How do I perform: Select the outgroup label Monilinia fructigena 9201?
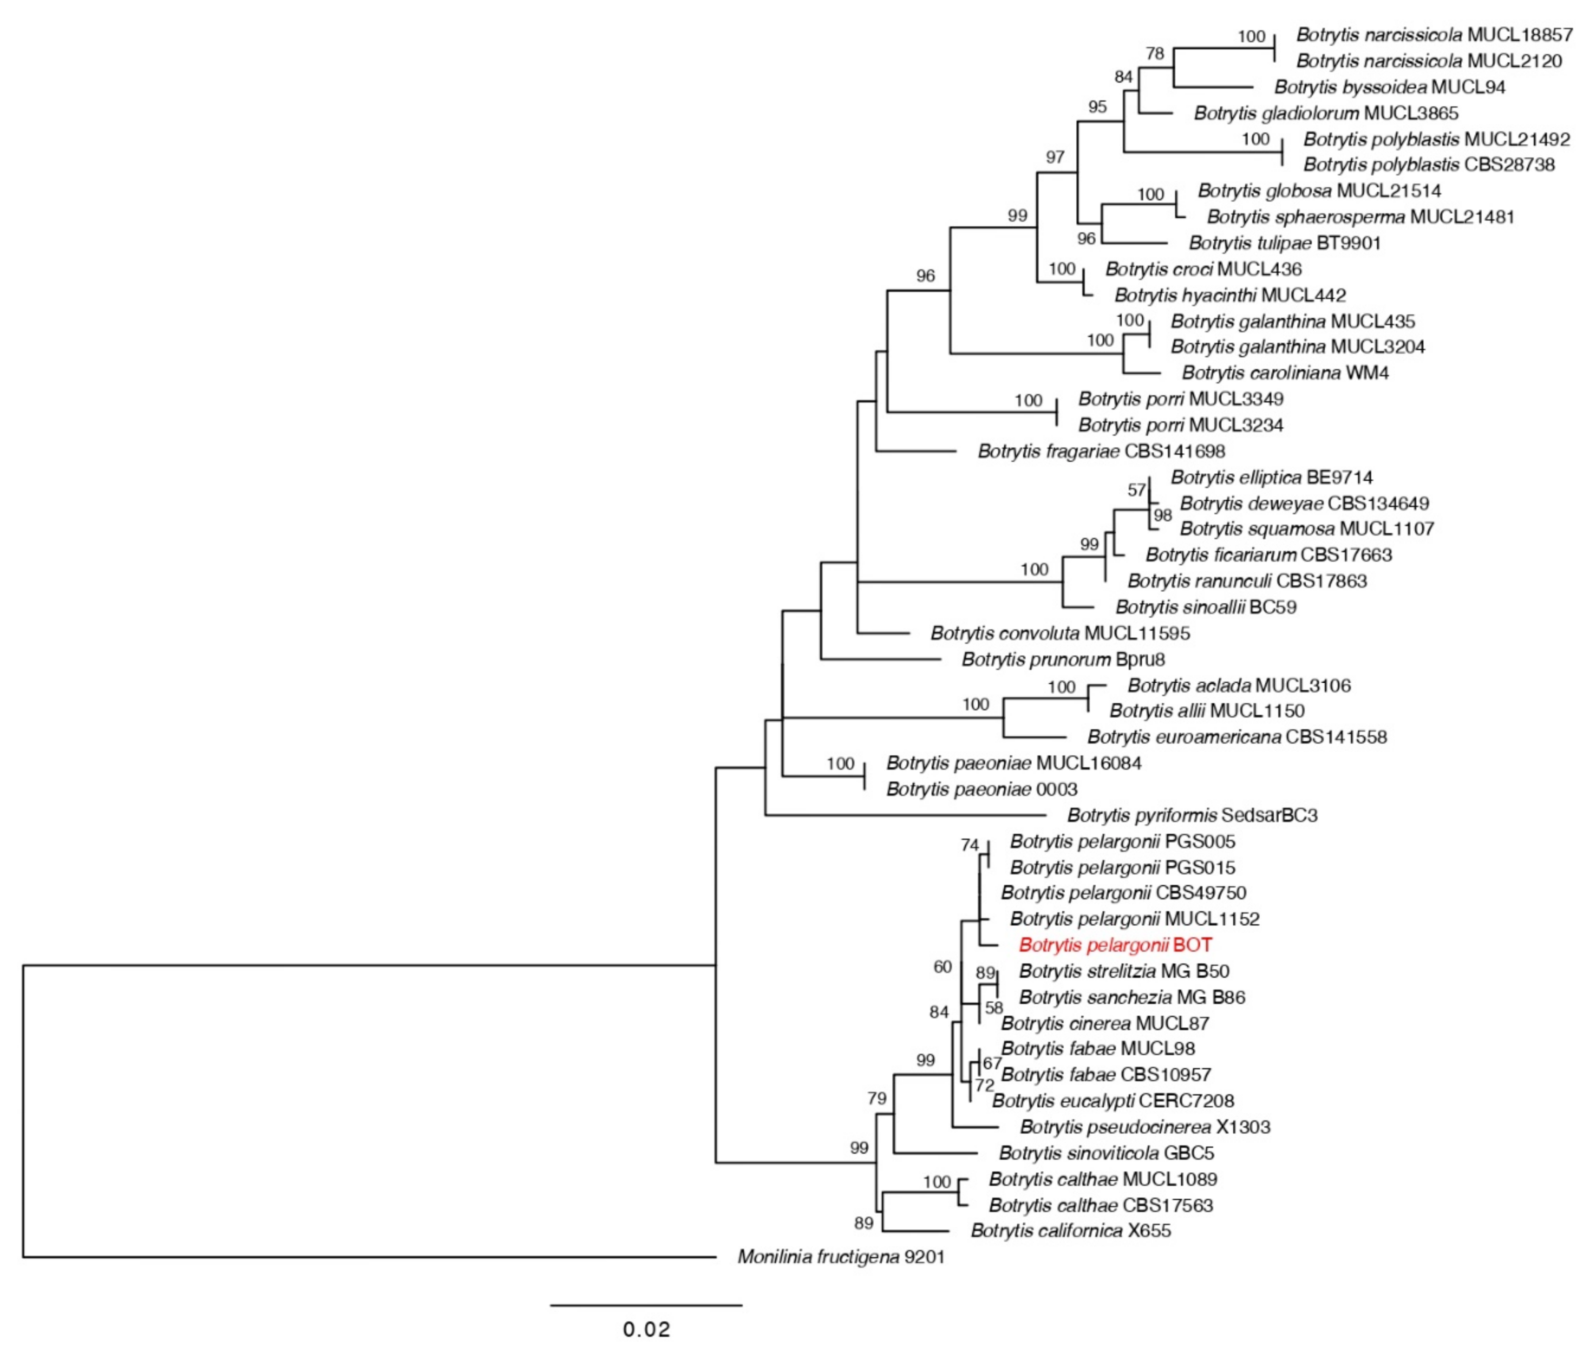841,1256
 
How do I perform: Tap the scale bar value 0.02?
646,1328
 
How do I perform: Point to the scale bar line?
646,1305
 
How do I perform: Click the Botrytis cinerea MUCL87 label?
1105,1023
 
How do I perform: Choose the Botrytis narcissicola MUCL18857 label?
1434,35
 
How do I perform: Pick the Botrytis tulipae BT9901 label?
1285,243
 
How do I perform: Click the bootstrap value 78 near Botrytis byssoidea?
1154,54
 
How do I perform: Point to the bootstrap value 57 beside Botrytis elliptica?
1137,490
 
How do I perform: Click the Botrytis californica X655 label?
1071,1230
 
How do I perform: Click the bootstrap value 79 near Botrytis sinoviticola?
877,1098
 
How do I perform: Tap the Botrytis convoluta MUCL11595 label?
1060,633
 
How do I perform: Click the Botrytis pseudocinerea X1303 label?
1145,1127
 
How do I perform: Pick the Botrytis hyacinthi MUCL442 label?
1230,295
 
